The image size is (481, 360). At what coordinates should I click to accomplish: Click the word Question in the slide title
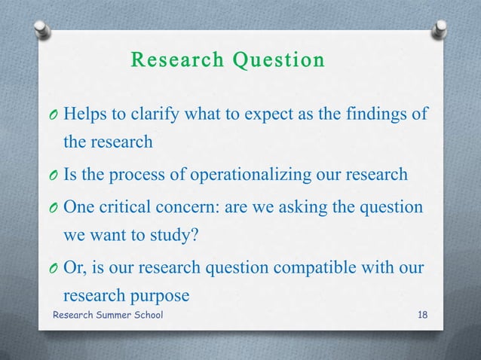[278, 59]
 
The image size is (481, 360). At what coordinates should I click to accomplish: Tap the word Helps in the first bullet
[86, 114]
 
